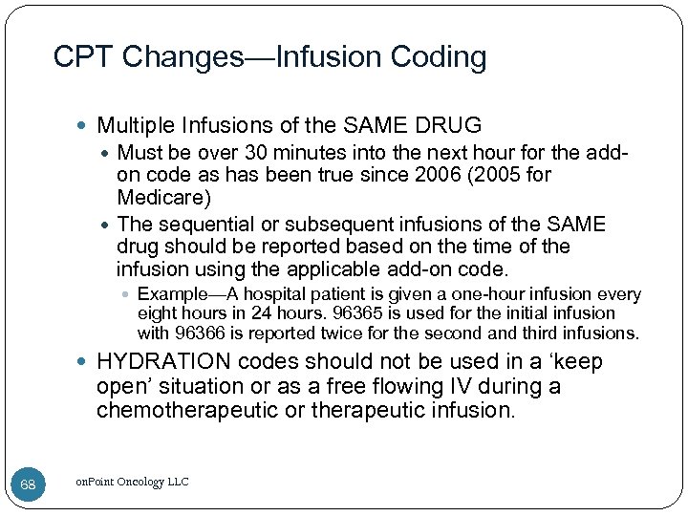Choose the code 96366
196,333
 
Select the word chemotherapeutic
207,410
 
